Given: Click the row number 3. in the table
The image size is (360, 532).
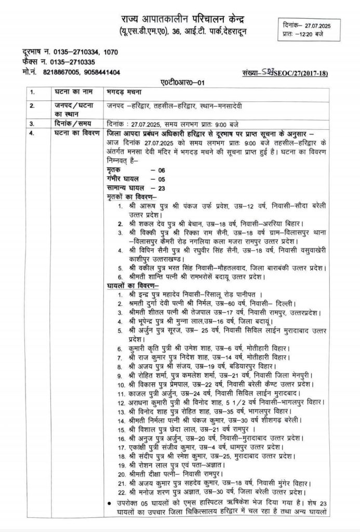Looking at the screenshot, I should coord(32,124).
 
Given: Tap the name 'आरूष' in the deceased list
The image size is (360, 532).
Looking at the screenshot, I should coord(143,207).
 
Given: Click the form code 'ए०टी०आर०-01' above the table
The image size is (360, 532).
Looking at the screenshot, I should coord(178,83).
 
